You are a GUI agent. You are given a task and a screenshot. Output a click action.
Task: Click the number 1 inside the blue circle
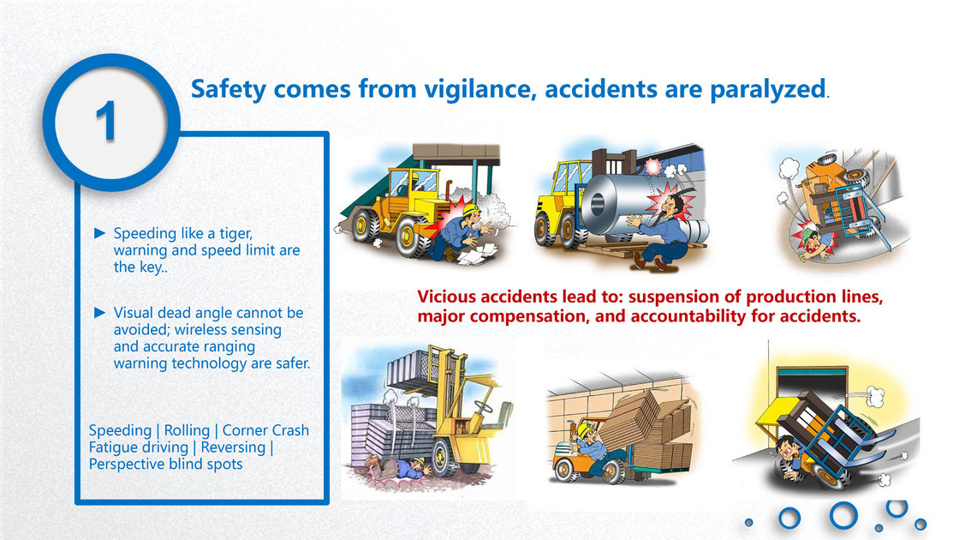point(106,121)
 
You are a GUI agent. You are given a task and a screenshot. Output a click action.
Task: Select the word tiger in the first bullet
point(235,233)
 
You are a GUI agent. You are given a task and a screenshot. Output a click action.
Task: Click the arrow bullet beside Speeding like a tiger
point(99,232)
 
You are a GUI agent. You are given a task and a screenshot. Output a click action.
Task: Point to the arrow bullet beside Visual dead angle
point(99,312)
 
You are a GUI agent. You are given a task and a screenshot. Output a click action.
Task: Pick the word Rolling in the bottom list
point(187,430)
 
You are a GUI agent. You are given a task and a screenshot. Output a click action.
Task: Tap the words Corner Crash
point(265,430)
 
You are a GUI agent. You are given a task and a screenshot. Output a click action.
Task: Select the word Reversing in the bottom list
point(233,447)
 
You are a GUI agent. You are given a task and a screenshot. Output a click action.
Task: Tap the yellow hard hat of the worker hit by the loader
point(470,209)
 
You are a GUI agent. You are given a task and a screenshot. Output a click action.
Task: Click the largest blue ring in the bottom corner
point(843,515)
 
